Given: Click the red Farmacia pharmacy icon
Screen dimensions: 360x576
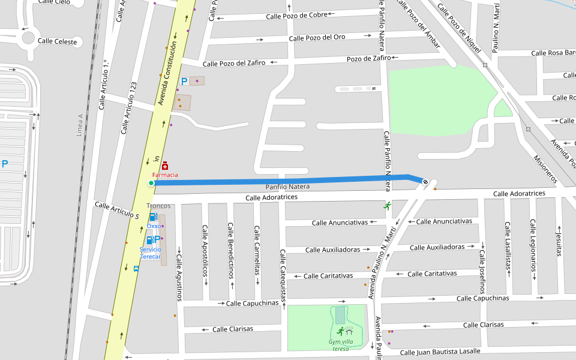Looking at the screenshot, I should (x=164, y=166).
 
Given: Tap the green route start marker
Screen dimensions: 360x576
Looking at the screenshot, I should (x=151, y=183).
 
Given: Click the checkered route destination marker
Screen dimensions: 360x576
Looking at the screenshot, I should (x=425, y=181).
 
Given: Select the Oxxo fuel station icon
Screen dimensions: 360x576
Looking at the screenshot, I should (x=153, y=217).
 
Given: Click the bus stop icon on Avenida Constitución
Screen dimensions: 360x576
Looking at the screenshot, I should (x=136, y=269).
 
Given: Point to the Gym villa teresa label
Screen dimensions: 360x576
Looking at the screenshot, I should (x=340, y=345).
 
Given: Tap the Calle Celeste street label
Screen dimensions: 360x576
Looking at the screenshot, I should (x=58, y=41).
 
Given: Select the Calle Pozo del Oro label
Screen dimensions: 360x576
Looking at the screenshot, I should (x=317, y=38).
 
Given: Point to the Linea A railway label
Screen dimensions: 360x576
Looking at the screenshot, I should (x=80, y=125).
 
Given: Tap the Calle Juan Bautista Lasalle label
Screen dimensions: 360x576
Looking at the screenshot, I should (x=440, y=352).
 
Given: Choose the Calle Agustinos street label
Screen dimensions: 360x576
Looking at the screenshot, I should (x=179, y=277).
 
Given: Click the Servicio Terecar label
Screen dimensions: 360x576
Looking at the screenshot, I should (x=151, y=253).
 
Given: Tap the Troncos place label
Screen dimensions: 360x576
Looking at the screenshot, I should (x=158, y=206).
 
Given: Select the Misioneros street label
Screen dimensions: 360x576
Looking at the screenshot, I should (x=545, y=169).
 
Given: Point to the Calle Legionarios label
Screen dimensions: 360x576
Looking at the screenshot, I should (x=532, y=246).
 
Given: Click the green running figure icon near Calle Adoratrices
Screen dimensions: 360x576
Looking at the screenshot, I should (x=387, y=206).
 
